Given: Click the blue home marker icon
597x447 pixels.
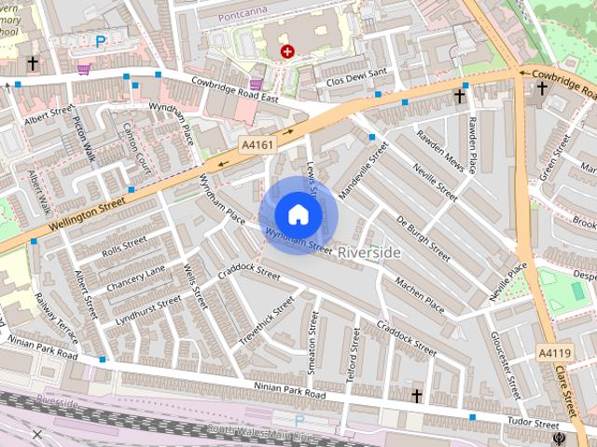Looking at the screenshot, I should pyautogui.click(x=298, y=215).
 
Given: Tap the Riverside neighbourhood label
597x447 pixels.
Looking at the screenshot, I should pyautogui.click(x=369, y=252).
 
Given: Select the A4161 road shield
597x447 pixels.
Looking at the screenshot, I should pyautogui.click(x=257, y=146).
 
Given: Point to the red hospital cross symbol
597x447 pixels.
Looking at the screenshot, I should pyautogui.click(x=287, y=52).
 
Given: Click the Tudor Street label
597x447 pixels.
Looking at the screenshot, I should pyautogui.click(x=532, y=424).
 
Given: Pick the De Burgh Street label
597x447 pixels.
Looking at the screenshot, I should pyautogui.click(x=423, y=237).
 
